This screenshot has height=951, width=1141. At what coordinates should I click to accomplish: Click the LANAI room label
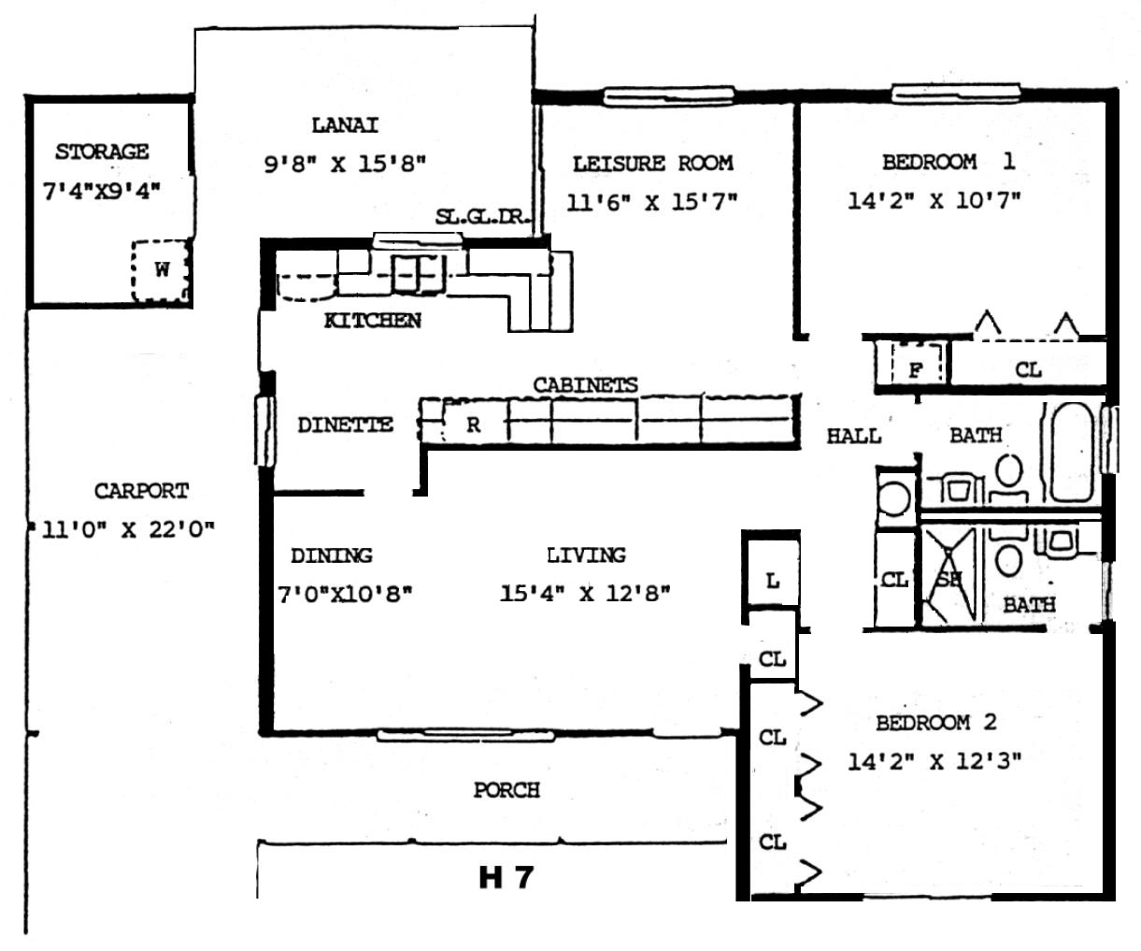[345, 126]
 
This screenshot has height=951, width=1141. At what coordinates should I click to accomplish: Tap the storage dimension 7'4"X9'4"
[102, 192]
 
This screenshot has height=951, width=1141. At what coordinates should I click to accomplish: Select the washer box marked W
[161, 270]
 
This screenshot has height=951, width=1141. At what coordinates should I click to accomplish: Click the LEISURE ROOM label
[652, 164]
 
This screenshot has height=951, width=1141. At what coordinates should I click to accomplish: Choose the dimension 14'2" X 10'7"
[934, 201]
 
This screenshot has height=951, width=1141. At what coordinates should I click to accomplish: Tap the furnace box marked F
[917, 363]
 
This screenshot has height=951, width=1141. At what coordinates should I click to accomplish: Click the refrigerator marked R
[472, 425]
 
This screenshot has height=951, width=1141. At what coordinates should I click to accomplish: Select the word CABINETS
[585, 385]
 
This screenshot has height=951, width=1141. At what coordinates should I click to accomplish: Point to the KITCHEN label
[373, 321]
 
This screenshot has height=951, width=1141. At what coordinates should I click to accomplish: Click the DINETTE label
[345, 425]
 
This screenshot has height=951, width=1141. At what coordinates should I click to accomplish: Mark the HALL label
[853, 436]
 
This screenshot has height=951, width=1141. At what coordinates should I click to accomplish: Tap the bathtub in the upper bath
[1071, 453]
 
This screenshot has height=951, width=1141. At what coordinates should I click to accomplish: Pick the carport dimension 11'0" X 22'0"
[128, 529]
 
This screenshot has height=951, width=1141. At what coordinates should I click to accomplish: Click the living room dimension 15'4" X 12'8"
[585, 593]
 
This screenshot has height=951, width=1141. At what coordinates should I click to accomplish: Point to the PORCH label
[506, 790]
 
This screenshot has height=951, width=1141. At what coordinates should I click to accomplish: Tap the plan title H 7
[506, 878]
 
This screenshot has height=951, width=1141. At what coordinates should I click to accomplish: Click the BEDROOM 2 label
[936, 723]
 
